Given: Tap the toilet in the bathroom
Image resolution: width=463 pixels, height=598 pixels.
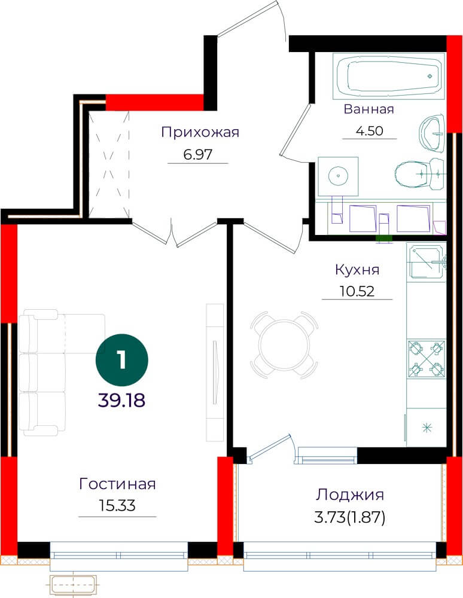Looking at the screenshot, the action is click(420, 174).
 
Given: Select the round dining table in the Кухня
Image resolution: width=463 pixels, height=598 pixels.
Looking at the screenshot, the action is click(284, 345).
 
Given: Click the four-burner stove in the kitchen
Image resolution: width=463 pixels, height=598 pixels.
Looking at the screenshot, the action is click(427, 358).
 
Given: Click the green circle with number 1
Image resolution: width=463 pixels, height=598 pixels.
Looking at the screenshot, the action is click(121, 359).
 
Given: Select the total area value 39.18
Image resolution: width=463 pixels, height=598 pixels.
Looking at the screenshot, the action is click(121, 401).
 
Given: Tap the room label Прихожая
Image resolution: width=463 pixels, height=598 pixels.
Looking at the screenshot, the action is click(200, 132).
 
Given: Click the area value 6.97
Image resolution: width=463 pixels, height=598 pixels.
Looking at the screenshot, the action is click(197, 154).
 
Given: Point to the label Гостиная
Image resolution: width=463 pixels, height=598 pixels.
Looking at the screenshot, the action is click(117, 484).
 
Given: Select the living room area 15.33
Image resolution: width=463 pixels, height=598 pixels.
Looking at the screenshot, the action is click(117, 506).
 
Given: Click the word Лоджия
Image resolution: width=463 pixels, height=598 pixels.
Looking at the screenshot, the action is click(350, 495).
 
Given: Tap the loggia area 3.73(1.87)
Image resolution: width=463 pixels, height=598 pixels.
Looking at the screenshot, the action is click(350, 517).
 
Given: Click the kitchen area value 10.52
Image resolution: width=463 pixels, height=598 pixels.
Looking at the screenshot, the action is click(357, 291).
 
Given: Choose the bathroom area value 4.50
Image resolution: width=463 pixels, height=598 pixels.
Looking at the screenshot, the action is click(369, 131).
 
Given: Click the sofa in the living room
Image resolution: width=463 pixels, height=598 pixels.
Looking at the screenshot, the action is click(62, 372).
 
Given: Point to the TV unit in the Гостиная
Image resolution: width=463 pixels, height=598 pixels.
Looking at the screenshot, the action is click(215, 373).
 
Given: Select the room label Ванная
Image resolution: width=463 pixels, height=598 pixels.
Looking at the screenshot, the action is click(369, 109).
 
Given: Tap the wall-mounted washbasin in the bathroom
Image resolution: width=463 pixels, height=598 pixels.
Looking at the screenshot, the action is click(432, 133).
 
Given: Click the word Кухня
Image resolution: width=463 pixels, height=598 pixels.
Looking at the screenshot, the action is click(357, 270).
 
